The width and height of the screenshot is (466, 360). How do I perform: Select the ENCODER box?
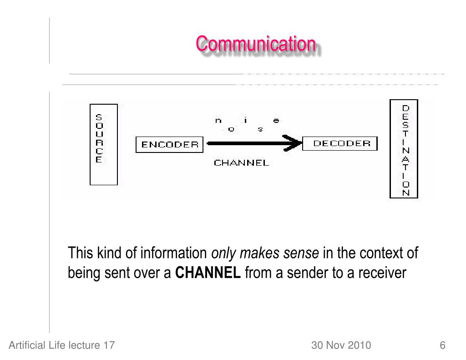170,145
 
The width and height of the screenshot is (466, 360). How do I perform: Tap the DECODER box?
340,144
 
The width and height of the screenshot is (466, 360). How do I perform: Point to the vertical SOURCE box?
103,144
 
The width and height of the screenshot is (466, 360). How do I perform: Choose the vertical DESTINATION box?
404,149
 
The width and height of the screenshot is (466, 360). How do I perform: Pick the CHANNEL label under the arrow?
241,162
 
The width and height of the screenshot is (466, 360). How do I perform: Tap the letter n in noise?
218,121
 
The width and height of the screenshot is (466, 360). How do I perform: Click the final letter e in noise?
276,121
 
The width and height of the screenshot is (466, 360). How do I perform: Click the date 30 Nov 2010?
341,345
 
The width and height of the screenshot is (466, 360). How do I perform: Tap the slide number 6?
442,345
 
